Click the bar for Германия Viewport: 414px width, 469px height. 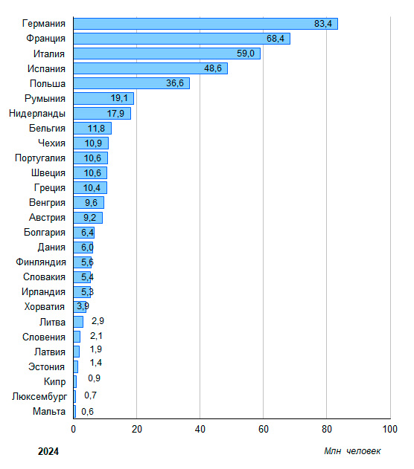pyautogui.click(x=206, y=24)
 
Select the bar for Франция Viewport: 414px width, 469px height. pyautogui.click(x=182, y=39)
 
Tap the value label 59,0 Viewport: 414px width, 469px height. pyautogui.click(x=245, y=54)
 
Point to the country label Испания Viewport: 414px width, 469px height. pyautogui.click(x=46, y=68)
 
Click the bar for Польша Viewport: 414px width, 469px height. pyautogui.click(x=132, y=83)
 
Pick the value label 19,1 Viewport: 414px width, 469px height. pyautogui.click(x=119, y=98)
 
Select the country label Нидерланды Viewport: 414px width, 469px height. pyautogui.click(x=36, y=114)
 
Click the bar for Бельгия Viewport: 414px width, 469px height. pyautogui.click(x=92, y=128)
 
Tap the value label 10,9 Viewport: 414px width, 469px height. pyautogui.click(x=93, y=143)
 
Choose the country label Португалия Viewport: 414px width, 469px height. pyautogui.click(x=40, y=158)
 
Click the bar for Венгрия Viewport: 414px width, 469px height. pyautogui.click(x=89, y=202)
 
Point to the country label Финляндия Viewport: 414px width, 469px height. pyautogui.click(x=41, y=262)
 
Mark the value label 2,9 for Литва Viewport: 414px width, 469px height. pyautogui.click(x=98, y=321)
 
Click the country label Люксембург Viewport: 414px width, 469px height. pyautogui.click(x=39, y=397)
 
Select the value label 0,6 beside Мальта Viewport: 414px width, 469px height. pyautogui.click(x=87, y=412)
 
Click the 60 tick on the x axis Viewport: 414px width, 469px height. pyautogui.click(x=264, y=429)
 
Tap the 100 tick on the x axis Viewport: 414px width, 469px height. pyautogui.click(x=389, y=429)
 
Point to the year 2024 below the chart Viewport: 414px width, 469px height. pyautogui.click(x=48, y=451)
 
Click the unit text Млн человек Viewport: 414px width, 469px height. pyautogui.click(x=352, y=451)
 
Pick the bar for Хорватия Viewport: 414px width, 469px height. pyautogui.click(x=80, y=306)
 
